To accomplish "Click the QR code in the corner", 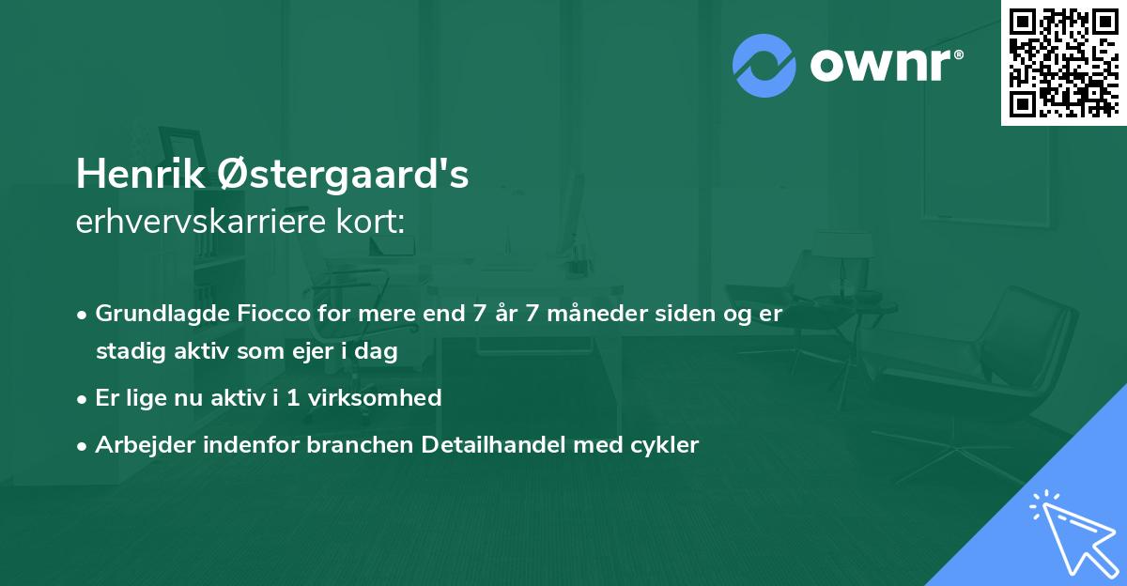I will (1063, 63).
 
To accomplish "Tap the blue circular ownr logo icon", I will (764, 65).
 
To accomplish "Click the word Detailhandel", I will (488, 445).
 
